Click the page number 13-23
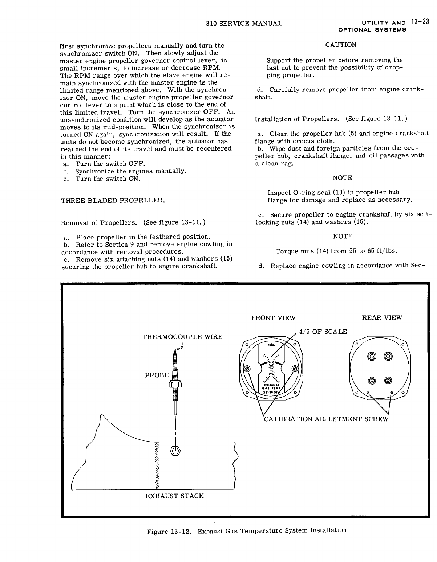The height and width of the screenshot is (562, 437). coord(420,21)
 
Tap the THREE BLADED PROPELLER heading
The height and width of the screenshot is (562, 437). coord(113,200)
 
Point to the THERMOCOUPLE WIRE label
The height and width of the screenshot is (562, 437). coord(182,337)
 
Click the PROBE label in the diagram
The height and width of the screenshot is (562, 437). coord(157,375)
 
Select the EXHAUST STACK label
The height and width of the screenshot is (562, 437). coord(174,496)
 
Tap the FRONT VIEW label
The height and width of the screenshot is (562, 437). coord(273,318)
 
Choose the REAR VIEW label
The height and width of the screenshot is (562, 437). coord(382,318)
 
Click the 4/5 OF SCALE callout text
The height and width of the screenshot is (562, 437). coord(323,332)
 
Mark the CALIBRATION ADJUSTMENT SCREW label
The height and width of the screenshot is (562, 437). coord(326,419)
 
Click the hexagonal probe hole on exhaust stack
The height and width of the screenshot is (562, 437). coord(175,451)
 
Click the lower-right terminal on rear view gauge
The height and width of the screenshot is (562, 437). coord(388,380)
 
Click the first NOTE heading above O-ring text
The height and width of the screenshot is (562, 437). coord(342,178)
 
